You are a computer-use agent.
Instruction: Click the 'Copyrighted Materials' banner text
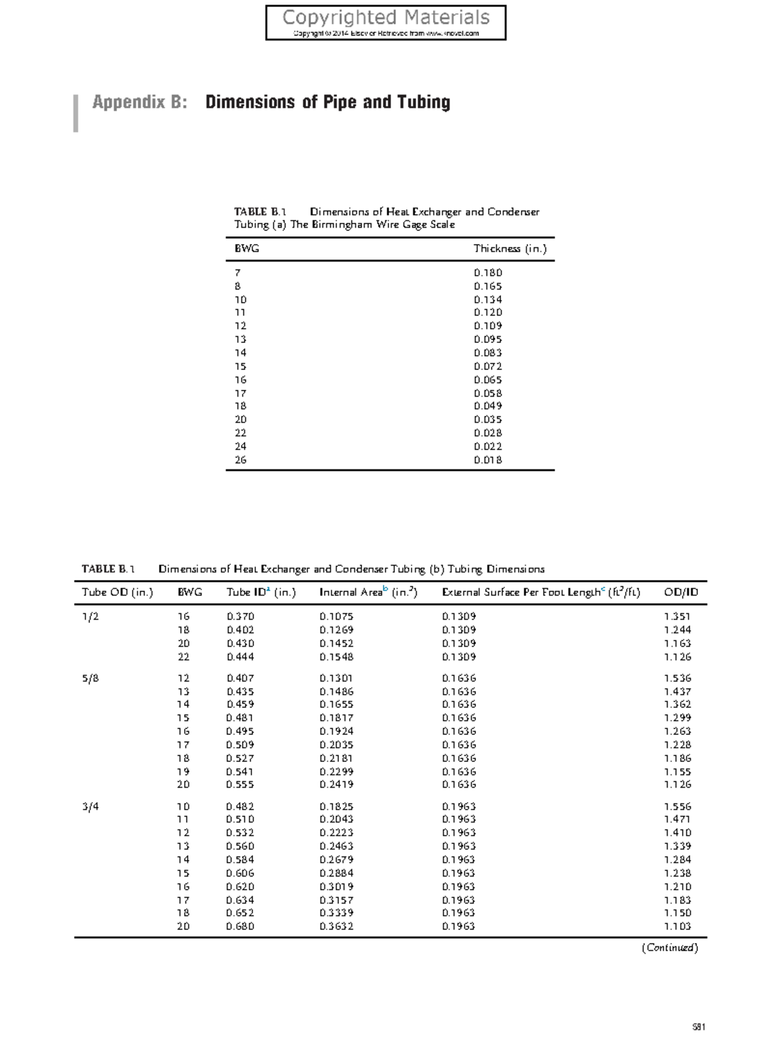point(386,17)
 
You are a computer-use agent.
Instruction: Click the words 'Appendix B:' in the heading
point(140,102)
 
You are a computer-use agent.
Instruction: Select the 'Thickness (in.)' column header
point(510,248)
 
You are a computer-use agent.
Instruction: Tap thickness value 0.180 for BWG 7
point(488,273)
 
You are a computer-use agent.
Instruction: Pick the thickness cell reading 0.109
point(488,326)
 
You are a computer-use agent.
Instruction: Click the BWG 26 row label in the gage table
point(241,460)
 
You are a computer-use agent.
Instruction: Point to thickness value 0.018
point(488,460)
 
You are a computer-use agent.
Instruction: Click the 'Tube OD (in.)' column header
point(117,593)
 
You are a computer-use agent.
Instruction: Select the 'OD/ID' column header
point(681,593)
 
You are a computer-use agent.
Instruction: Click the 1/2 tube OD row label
point(91,617)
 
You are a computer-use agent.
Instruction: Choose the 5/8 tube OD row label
point(91,678)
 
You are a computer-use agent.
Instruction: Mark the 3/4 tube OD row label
point(91,806)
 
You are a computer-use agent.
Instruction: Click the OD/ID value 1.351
point(677,617)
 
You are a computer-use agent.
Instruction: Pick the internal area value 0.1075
point(336,617)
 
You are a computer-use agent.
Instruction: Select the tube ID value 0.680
point(240,927)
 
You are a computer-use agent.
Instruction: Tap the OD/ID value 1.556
point(677,806)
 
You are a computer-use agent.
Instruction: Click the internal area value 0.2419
point(336,785)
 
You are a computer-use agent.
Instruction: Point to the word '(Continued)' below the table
point(669,947)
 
